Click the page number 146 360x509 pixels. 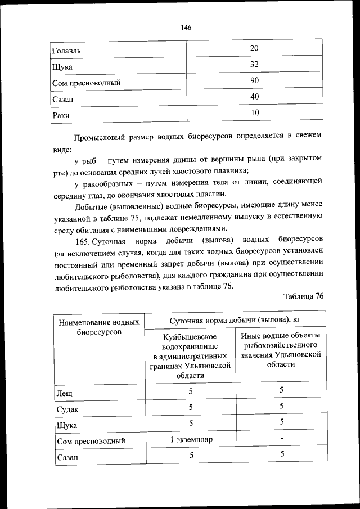pos(187,27)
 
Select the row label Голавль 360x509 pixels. pos(66,51)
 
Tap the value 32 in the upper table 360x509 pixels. pos(254,65)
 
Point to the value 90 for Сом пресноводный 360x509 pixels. pos(254,81)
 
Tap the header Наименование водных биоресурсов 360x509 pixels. pos(99,327)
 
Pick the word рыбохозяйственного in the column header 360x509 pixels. pos(281,345)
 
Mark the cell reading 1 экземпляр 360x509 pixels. pos(190,439)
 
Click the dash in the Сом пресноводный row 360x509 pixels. pos(281,438)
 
